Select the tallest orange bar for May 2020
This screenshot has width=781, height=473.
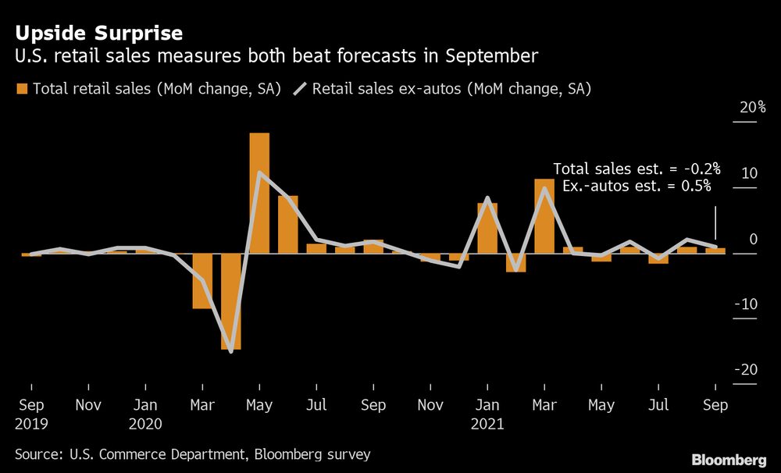click(259, 193)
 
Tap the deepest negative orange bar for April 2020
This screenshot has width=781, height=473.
click(230, 301)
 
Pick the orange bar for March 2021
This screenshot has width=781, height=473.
click(544, 216)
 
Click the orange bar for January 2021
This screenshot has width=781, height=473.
click(487, 228)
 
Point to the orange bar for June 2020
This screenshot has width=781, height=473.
click(288, 225)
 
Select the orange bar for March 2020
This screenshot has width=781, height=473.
click(202, 281)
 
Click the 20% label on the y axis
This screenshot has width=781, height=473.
click(752, 108)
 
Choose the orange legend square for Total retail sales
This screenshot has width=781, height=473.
click(21, 89)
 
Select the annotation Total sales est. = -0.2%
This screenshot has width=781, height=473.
click(636, 169)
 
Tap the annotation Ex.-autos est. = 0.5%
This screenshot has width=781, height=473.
click(637, 186)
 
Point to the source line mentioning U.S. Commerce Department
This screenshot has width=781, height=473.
click(192, 453)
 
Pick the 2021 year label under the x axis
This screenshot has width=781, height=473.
click(488, 425)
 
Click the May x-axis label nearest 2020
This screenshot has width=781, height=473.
click(259, 406)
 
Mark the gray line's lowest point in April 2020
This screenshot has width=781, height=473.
click(231, 351)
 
